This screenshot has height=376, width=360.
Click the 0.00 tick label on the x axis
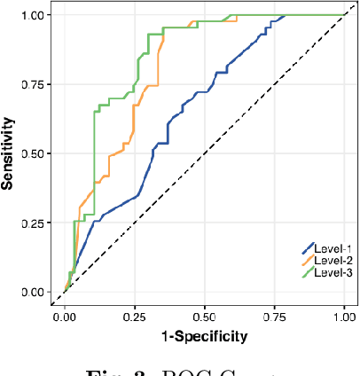[x=65, y=315]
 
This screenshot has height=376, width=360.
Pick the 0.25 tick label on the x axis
[x=135, y=315]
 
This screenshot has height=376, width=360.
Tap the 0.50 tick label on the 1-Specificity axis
[x=205, y=315]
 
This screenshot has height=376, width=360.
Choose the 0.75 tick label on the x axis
[x=275, y=315]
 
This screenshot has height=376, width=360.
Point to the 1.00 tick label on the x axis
[x=344, y=315]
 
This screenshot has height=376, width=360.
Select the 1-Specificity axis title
[x=204, y=335]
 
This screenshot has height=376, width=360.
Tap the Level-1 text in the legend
[x=333, y=249]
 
